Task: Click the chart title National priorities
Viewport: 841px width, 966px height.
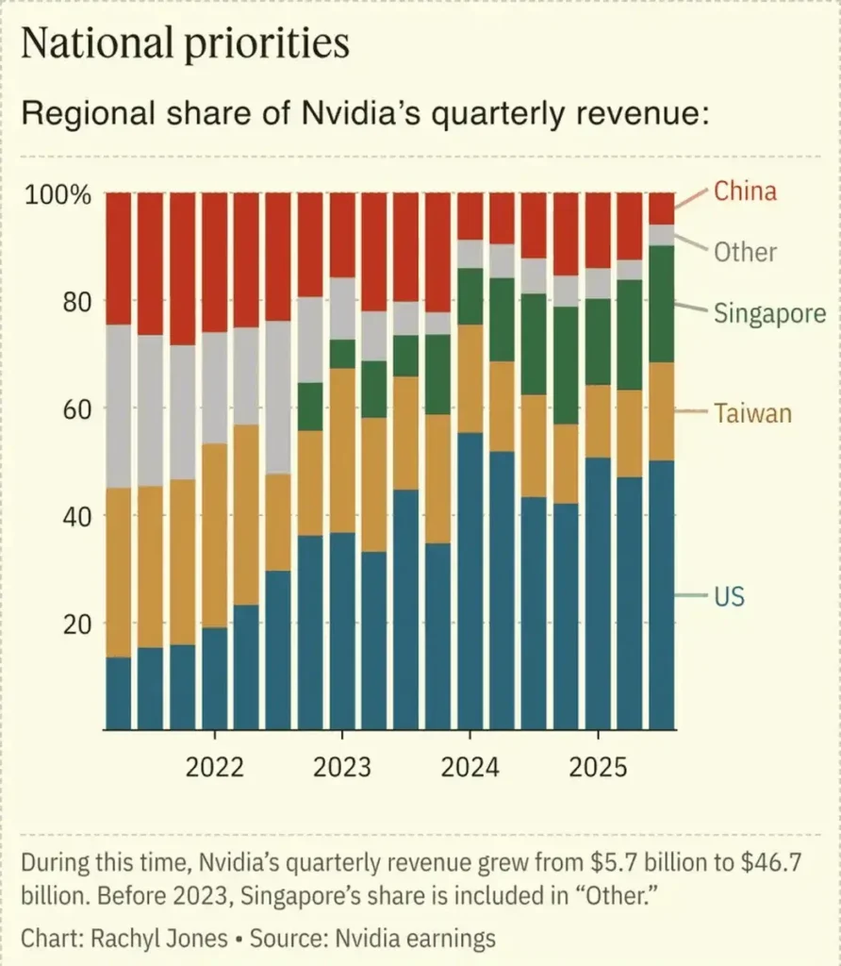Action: coord(185,44)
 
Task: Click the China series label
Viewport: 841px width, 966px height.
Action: coord(745,192)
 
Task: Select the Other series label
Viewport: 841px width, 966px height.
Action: coord(745,252)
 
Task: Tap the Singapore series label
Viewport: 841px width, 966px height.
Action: coord(769,313)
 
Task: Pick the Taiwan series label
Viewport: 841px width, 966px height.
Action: coord(752,413)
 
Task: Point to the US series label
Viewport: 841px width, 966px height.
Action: coord(729,596)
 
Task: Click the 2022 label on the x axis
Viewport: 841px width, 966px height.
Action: coord(214,767)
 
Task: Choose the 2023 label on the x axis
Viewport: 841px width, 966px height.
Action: coord(342,767)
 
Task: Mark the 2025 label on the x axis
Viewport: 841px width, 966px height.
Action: coord(598,767)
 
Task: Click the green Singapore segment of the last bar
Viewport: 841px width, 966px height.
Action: coord(662,304)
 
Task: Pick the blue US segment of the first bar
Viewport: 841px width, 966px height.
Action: coord(118,693)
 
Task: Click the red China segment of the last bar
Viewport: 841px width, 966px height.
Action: coord(662,208)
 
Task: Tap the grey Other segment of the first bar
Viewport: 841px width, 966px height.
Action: coord(118,406)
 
